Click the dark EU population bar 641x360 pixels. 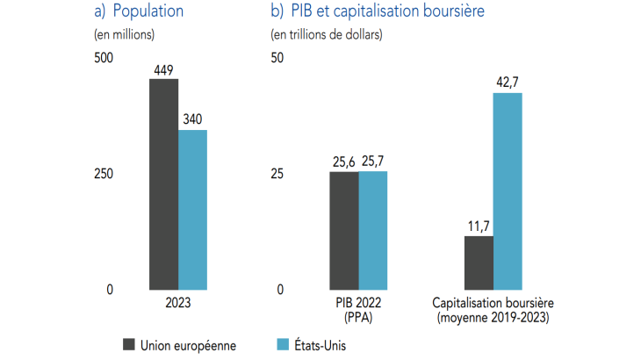163,184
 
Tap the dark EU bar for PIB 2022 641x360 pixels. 343,230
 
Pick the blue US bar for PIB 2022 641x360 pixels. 372,230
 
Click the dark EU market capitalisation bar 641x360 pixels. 479,263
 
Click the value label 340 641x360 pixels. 193,120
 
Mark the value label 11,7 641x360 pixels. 479,226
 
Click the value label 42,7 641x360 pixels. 508,82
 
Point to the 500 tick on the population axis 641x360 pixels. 104,58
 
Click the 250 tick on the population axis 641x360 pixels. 104,174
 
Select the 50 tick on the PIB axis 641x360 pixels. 277,58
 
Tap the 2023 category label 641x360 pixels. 177,302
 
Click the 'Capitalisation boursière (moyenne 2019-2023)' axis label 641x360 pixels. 493,309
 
